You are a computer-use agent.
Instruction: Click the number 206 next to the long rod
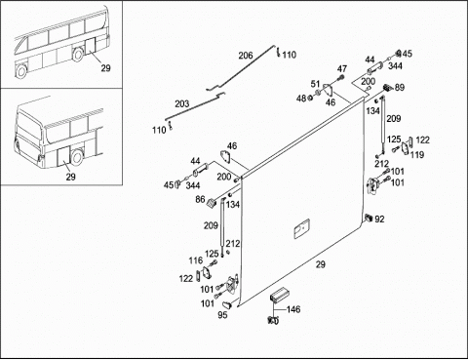tap(246, 56)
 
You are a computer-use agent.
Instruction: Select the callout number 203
tap(182, 104)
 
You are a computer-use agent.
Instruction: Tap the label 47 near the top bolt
tap(342, 69)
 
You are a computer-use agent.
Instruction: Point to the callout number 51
tap(315, 84)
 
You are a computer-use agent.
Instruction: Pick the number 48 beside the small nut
tap(301, 98)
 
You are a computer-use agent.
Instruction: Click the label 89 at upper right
tap(400, 88)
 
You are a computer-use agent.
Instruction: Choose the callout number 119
tap(417, 155)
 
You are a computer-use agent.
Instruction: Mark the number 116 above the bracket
tap(196, 260)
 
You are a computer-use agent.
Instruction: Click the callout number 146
tap(293, 309)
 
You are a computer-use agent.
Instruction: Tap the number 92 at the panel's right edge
tap(379, 220)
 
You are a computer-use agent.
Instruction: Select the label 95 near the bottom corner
tap(222, 315)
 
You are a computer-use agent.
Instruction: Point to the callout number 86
tap(200, 199)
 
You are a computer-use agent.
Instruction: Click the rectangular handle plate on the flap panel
tap(301, 229)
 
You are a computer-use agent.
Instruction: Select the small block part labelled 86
tap(212, 203)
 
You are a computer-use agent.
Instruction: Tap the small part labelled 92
tap(369, 218)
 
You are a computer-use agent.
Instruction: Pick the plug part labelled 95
tap(226, 304)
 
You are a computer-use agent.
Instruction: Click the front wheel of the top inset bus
tap(21, 71)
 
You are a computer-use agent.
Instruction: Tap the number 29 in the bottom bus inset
tap(70, 177)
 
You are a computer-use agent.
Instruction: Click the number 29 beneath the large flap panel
tap(321, 264)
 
